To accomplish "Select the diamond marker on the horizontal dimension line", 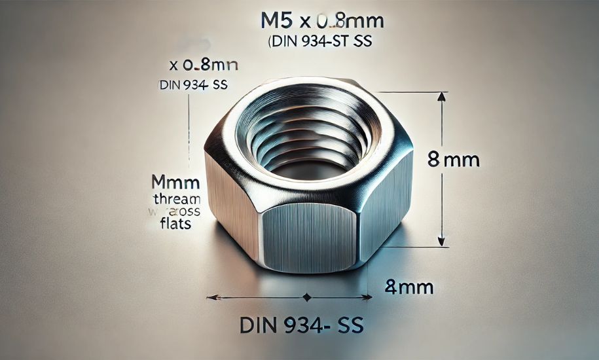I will (306, 298).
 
